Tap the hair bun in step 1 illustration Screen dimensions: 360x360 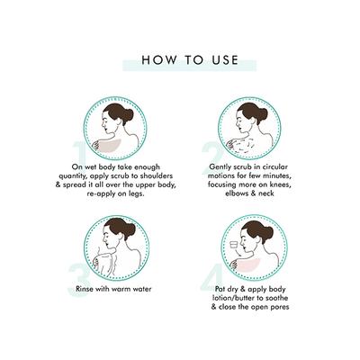tap(130, 114)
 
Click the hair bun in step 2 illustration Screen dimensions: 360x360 tap(262, 113)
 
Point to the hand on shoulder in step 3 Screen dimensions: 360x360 tap(96, 262)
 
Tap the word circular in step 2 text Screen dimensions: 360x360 tap(275, 166)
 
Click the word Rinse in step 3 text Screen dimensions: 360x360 tap(85, 289)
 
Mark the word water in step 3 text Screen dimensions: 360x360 tap(141, 289)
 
